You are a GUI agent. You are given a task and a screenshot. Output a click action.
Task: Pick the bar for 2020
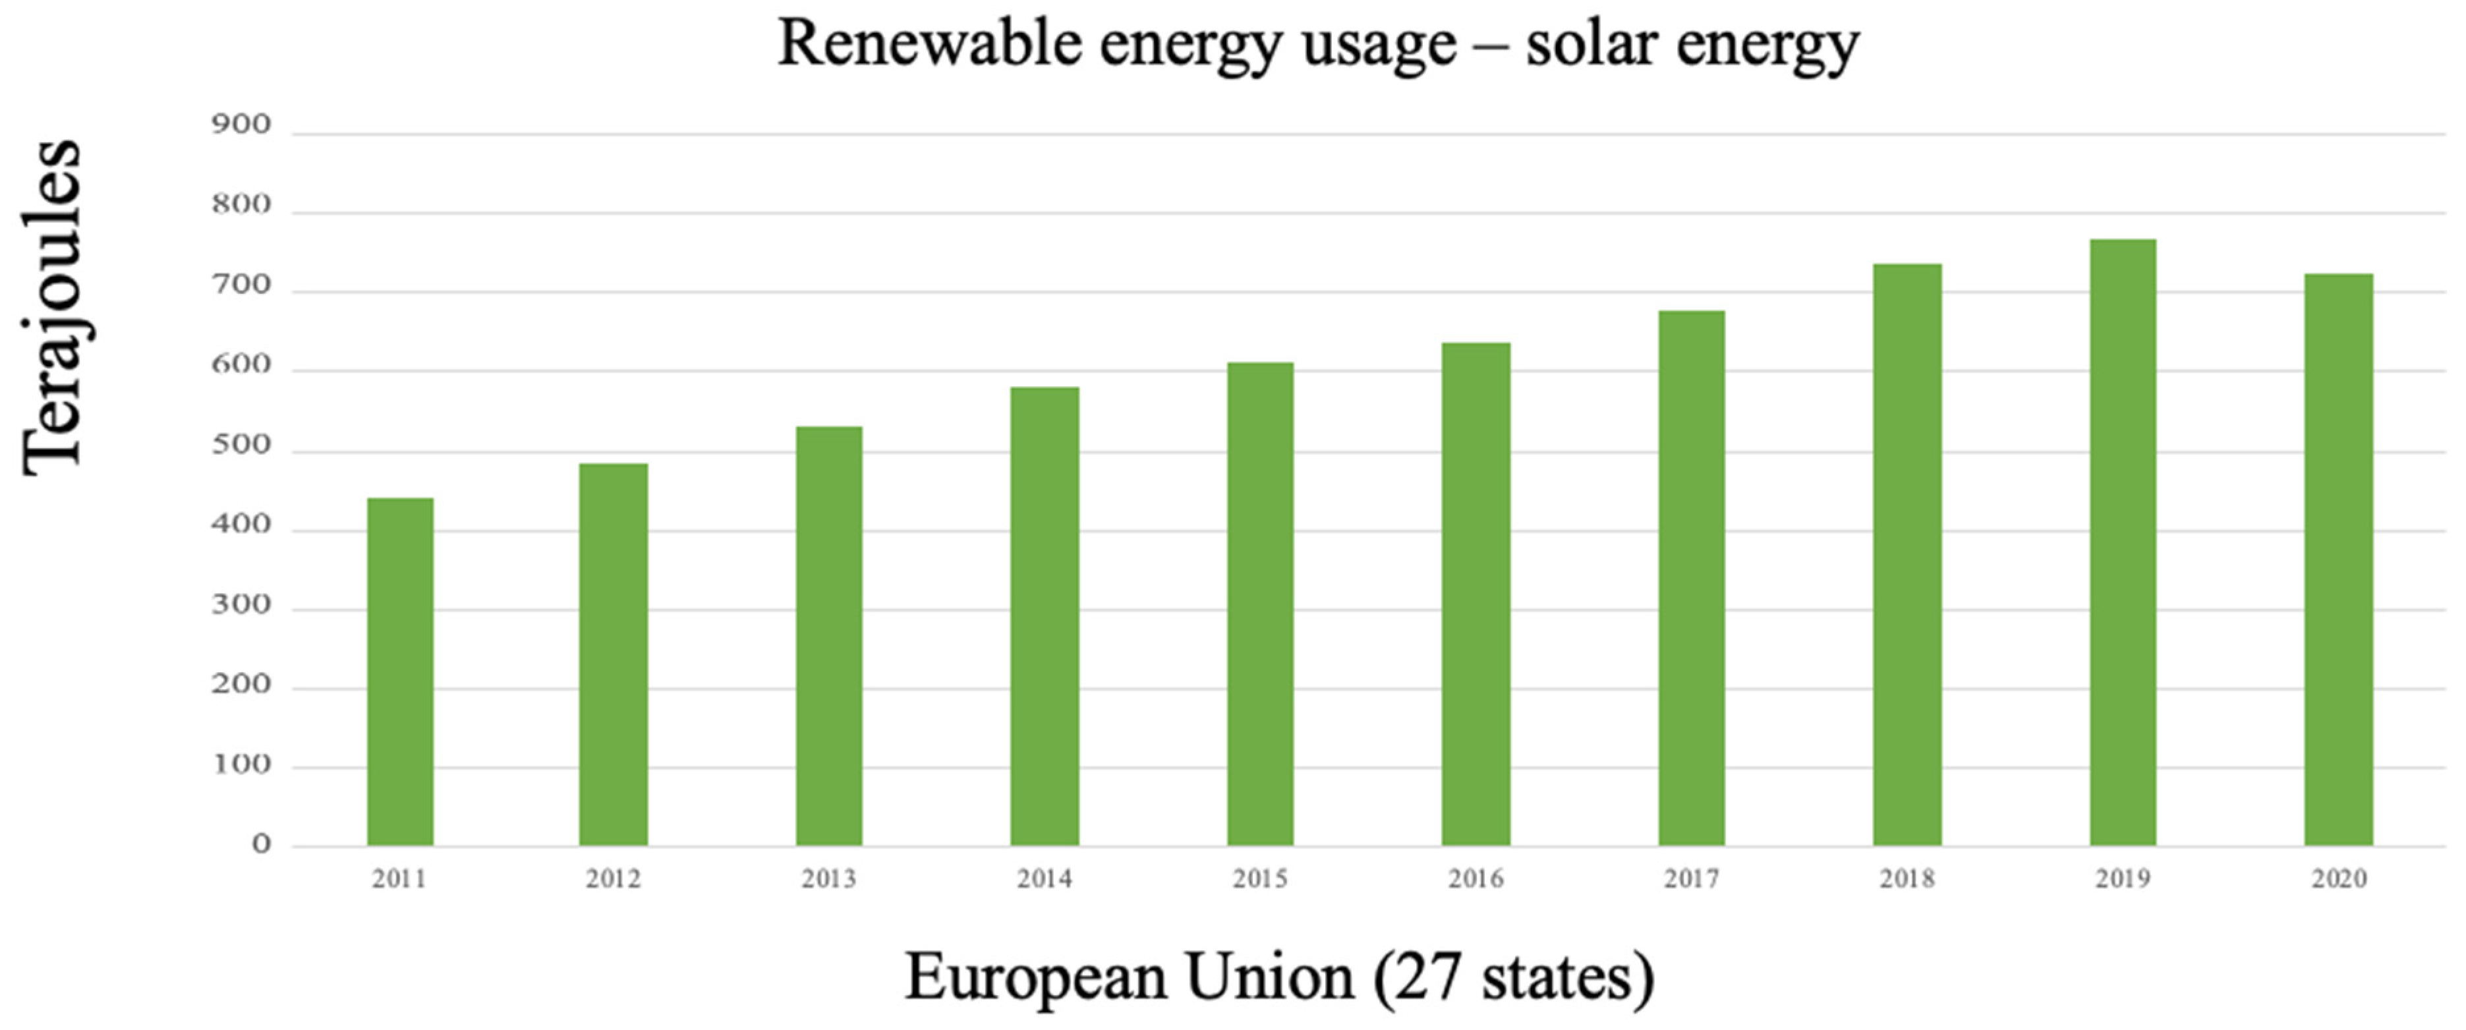click(x=2337, y=560)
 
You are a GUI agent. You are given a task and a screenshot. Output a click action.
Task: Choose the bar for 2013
click(x=829, y=637)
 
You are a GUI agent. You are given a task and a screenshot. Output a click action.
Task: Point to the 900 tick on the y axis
click(x=241, y=125)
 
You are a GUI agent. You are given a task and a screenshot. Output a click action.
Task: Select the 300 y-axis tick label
click(x=241, y=605)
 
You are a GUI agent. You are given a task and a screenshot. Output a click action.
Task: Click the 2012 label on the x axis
click(x=613, y=878)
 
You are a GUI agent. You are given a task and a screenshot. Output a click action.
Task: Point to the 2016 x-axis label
click(x=1476, y=878)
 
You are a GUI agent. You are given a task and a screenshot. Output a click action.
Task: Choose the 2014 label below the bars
click(x=1045, y=878)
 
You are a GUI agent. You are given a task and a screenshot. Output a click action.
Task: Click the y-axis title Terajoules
click(x=53, y=306)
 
